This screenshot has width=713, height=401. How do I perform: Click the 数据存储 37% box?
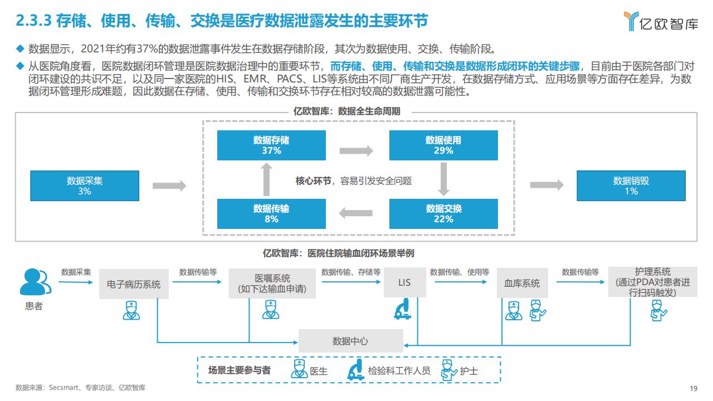[271, 145]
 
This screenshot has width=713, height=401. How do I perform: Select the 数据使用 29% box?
[443, 145]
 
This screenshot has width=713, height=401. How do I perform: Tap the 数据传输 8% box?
[271, 214]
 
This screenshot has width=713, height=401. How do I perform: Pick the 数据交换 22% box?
[443, 214]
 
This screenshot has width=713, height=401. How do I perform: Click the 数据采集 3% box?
[85, 186]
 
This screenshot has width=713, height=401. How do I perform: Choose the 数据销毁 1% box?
[631, 186]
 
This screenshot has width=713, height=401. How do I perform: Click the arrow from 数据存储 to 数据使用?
[356, 150]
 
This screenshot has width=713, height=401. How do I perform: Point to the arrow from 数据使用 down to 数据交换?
[444, 179]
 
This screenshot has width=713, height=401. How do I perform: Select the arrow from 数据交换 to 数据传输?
[355, 213]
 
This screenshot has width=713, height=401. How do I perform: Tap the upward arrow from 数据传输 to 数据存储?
[266, 179]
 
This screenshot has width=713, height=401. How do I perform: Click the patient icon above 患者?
[35, 282]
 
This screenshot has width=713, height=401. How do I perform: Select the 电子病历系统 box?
[134, 284]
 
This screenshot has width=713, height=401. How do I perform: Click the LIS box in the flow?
[404, 282]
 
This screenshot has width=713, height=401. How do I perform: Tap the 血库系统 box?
[522, 283]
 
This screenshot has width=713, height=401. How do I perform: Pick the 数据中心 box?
[351, 341]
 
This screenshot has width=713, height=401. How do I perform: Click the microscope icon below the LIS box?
[403, 309]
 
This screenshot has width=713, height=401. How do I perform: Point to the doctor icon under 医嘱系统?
[271, 310]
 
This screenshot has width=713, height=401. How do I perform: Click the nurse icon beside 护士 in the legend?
[449, 370]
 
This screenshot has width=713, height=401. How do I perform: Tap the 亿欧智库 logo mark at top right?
[631, 21]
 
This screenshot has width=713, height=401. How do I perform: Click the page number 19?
[694, 388]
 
